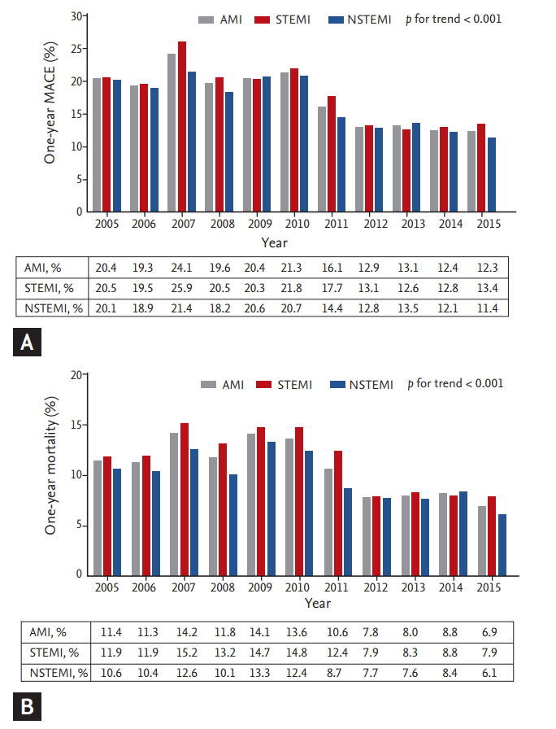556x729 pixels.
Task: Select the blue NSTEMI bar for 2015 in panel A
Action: click(x=492, y=175)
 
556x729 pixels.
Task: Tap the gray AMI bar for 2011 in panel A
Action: click(x=322, y=159)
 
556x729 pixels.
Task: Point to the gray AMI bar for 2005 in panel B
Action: click(x=98, y=517)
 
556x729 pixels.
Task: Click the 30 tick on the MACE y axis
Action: click(x=76, y=16)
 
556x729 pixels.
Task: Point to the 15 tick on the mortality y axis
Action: click(x=76, y=425)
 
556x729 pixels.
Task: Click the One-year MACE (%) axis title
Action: click(x=50, y=113)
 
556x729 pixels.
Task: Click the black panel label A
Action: click(x=28, y=345)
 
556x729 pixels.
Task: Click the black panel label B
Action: click(x=28, y=708)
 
